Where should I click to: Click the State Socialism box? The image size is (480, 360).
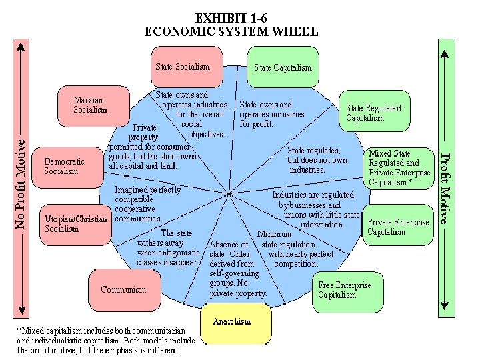click(x=187, y=66)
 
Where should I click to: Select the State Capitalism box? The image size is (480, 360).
click(x=282, y=67)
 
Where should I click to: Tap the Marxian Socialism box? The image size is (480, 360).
click(x=90, y=105)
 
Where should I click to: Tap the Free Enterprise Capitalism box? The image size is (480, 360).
click(x=348, y=290)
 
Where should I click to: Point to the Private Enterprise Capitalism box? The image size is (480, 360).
click(x=399, y=227)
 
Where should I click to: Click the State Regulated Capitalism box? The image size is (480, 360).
click(x=374, y=113)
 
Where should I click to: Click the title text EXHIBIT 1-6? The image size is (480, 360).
click(x=231, y=18)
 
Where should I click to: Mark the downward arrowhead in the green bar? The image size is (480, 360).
click(x=444, y=309)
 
